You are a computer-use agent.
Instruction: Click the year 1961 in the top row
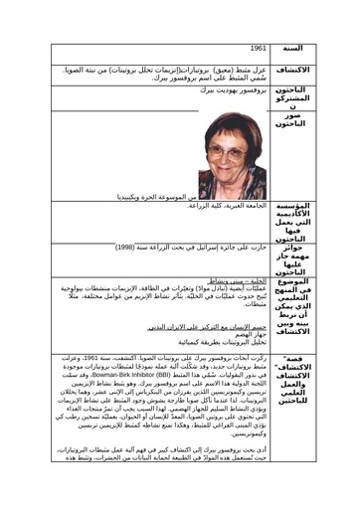coord(259,48)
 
